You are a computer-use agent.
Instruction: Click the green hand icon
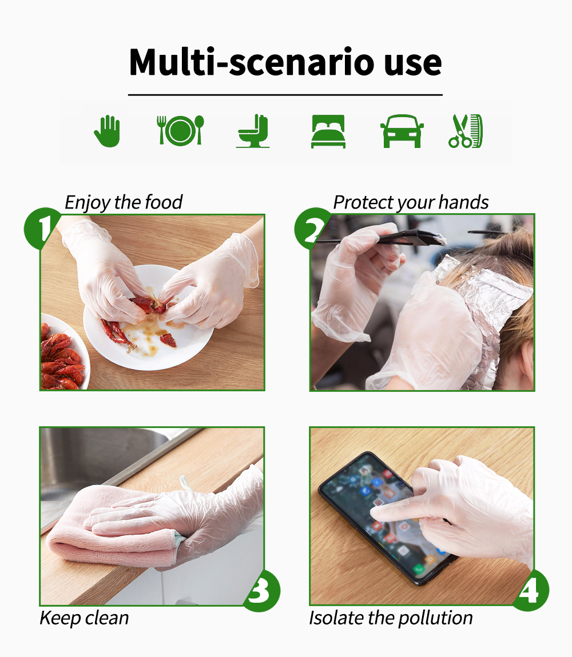click(107, 131)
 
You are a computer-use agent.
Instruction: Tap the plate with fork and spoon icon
click(180, 130)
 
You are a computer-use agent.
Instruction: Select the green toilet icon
click(253, 131)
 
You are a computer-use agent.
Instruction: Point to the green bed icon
click(328, 131)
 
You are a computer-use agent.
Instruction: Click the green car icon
click(402, 131)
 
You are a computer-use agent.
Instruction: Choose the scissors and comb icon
click(466, 131)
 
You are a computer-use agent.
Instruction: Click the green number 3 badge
click(261, 590)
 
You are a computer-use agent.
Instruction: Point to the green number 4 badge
click(530, 590)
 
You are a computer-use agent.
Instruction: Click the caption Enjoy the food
click(124, 202)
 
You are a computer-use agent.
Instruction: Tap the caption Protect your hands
click(411, 202)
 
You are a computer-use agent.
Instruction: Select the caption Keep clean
click(84, 618)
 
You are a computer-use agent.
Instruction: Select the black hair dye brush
click(382, 238)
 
